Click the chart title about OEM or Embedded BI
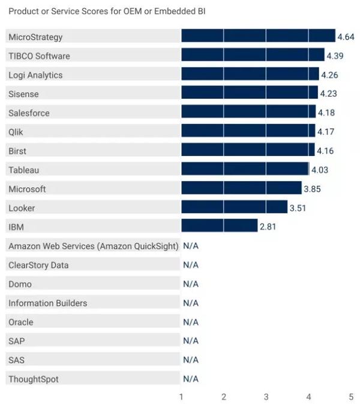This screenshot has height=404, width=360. (x=107, y=11)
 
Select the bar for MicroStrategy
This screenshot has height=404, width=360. (x=258, y=37)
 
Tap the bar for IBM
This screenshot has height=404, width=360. (x=219, y=227)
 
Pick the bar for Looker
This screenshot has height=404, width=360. (x=234, y=208)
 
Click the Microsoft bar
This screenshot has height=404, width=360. (x=241, y=189)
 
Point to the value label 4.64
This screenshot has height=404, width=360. (x=346, y=37)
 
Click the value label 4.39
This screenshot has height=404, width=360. (x=335, y=56)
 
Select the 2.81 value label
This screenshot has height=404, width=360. (x=268, y=227)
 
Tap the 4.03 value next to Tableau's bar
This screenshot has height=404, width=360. (x=319, y=170)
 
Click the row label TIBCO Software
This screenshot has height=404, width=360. (x=39, y=56)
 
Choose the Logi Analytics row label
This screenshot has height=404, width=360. (x=35, y=75)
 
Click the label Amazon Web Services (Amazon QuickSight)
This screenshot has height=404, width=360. (x=93, y=246)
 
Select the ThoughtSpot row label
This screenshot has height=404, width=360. (x=34, y=379)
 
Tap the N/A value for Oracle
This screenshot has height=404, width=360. (x=191, y=322)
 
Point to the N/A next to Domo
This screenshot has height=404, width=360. (x=191, y=284)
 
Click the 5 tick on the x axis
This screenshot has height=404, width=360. (x=351, y=396)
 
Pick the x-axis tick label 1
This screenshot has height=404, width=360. (x=182, y=396)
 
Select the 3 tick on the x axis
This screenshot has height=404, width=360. (x=266, y=396)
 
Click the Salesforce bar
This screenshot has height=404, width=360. (x=248, y=113)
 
